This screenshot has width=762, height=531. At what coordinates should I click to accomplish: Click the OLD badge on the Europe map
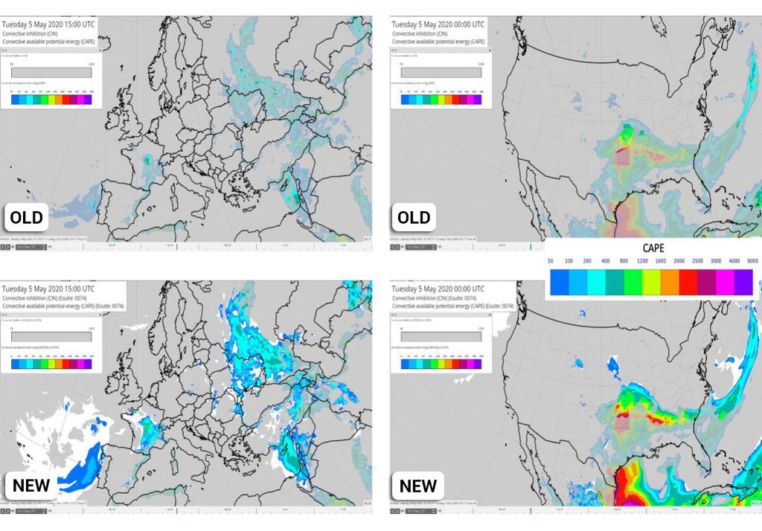[x=26, y=218]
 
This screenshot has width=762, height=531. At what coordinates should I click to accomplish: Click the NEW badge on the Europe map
[x=31, y=486]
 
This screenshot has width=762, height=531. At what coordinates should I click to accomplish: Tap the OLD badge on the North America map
[x=414, y=217]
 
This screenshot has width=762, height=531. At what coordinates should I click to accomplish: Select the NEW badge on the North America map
[x=417, y=486]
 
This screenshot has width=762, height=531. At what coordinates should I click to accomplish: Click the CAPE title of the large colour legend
[x=653, y=248]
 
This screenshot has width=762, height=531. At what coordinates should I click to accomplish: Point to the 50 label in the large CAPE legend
[x=550, y=262]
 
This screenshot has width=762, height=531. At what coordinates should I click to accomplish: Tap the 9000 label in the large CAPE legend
[x=752, y=262]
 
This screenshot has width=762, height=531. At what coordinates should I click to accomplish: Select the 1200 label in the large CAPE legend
[x=641, y=262]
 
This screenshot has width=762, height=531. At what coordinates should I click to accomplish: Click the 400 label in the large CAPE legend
[x=605, y=262]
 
